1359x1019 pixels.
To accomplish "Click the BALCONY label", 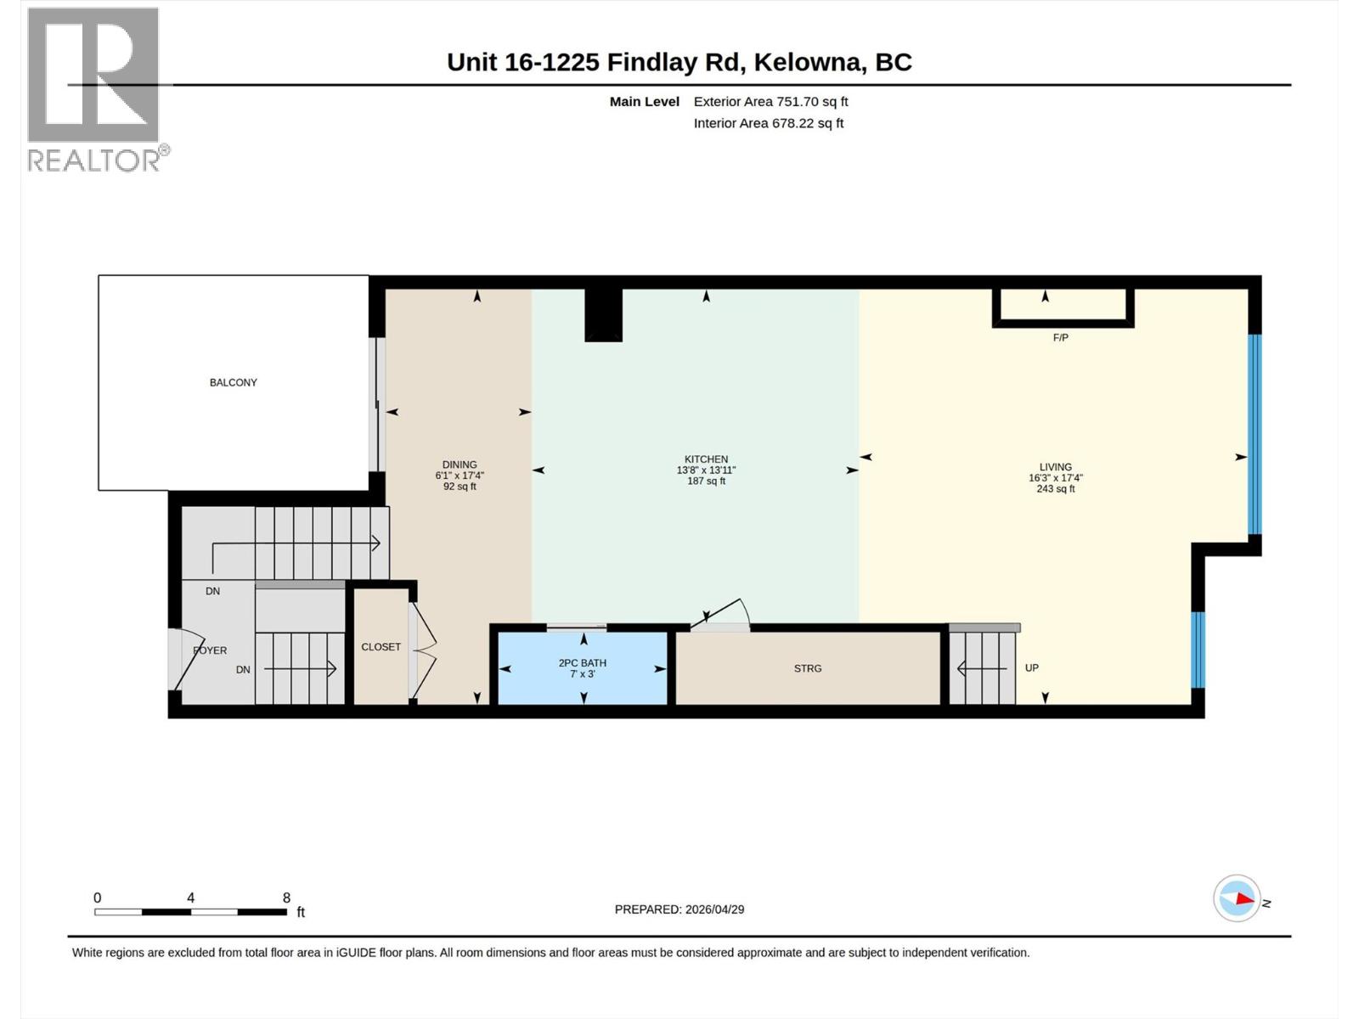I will tap(233, 382).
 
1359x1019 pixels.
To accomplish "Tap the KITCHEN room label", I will tap(706, 459).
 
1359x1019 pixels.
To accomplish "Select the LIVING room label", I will tap(1055, 467).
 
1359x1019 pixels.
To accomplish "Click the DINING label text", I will tap(460, 464).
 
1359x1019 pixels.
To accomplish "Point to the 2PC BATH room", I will tap(583, 667).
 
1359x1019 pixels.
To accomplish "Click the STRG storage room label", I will tap(808, 668).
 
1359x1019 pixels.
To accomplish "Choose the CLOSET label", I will tap(381, 647).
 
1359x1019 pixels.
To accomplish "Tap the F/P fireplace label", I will tap(1060, 338).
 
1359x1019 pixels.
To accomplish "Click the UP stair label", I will tap(1031, 667).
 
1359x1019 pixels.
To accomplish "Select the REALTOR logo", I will tap(93, 89).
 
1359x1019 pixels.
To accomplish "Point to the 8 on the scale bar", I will tap(286, 898).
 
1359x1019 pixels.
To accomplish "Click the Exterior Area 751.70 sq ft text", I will tap(770, 101).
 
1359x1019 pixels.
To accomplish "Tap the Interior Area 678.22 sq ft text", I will tap(768, 123).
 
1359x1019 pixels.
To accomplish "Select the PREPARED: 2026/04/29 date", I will tap(679, 909).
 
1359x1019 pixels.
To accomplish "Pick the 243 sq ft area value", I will tap(1055, 489).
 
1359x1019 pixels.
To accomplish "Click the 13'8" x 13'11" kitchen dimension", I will tap(706, 470).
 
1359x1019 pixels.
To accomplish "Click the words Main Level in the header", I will tap(644, 101).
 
